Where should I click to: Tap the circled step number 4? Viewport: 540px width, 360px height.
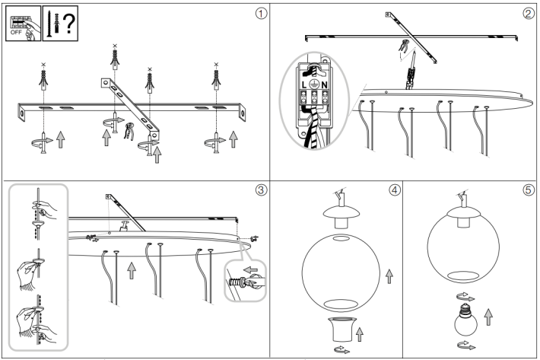pos(393,190)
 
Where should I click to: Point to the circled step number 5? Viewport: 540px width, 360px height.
pos(528,190)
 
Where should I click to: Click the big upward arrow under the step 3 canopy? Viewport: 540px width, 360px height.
pos(132,270)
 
